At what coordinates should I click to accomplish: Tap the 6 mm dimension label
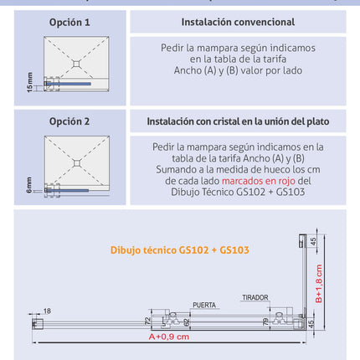(31, 183)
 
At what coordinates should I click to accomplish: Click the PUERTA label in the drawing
(204, 305)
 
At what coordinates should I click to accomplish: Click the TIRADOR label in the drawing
(255, 298)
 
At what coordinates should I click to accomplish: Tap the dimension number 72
(148, 320)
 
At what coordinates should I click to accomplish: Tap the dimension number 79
(265, 320)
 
